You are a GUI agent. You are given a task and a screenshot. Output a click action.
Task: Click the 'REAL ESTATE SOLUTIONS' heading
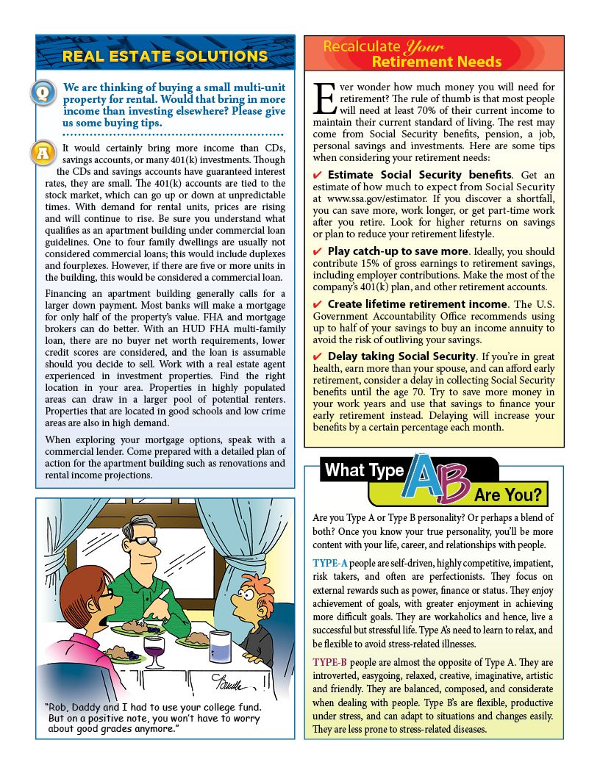tap(165, 57)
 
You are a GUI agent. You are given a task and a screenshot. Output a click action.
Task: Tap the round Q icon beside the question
tap(43, 93)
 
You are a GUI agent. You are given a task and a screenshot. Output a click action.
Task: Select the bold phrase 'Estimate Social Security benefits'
tap(419, 175)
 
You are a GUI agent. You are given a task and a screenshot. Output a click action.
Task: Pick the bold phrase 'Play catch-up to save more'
tap(397, 251)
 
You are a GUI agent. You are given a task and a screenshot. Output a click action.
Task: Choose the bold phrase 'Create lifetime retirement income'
tap(417, 304)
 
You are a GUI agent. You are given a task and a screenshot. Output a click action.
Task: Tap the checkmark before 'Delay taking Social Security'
tap(317, 357)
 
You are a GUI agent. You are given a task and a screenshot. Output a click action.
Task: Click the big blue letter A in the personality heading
tap(426, 478)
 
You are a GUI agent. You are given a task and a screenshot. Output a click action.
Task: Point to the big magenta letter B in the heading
tap(455, 486)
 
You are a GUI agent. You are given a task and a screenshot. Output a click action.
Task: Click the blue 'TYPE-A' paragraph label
tap(329, 563)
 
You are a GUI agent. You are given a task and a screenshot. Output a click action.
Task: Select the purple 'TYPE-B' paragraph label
tap(329, 662)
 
